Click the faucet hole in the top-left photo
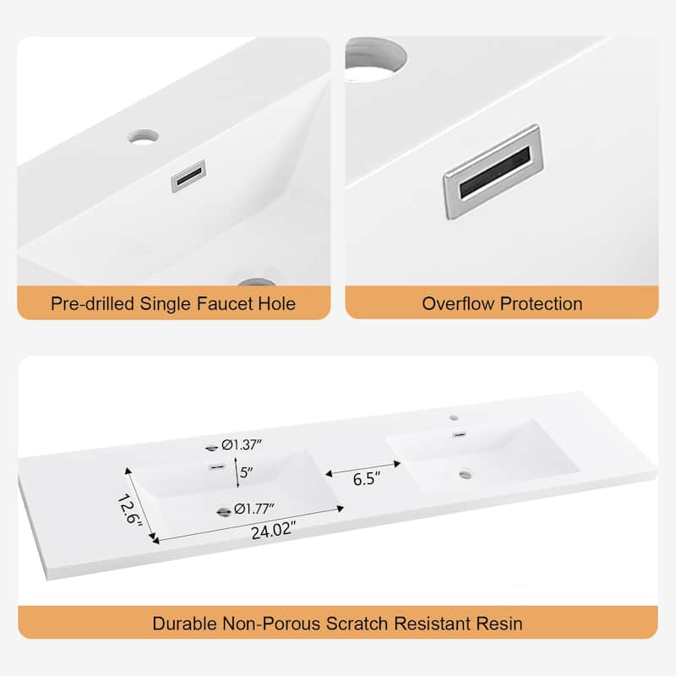[143, 137]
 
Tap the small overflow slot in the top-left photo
[188, 176]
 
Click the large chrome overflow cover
[493, 172]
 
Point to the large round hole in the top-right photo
[374, 59]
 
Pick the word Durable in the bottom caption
[184, 624]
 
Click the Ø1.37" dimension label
[242, 444]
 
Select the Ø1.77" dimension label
[254, 510]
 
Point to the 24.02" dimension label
[274, 530]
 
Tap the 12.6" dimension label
[129, 510]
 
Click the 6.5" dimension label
[367, 478]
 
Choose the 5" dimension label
[246, 472]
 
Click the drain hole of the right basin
[466, 475]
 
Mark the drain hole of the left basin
[223, 512]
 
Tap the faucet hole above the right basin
[454, 417]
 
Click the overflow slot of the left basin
[217, 467]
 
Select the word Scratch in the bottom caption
[357, 624]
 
